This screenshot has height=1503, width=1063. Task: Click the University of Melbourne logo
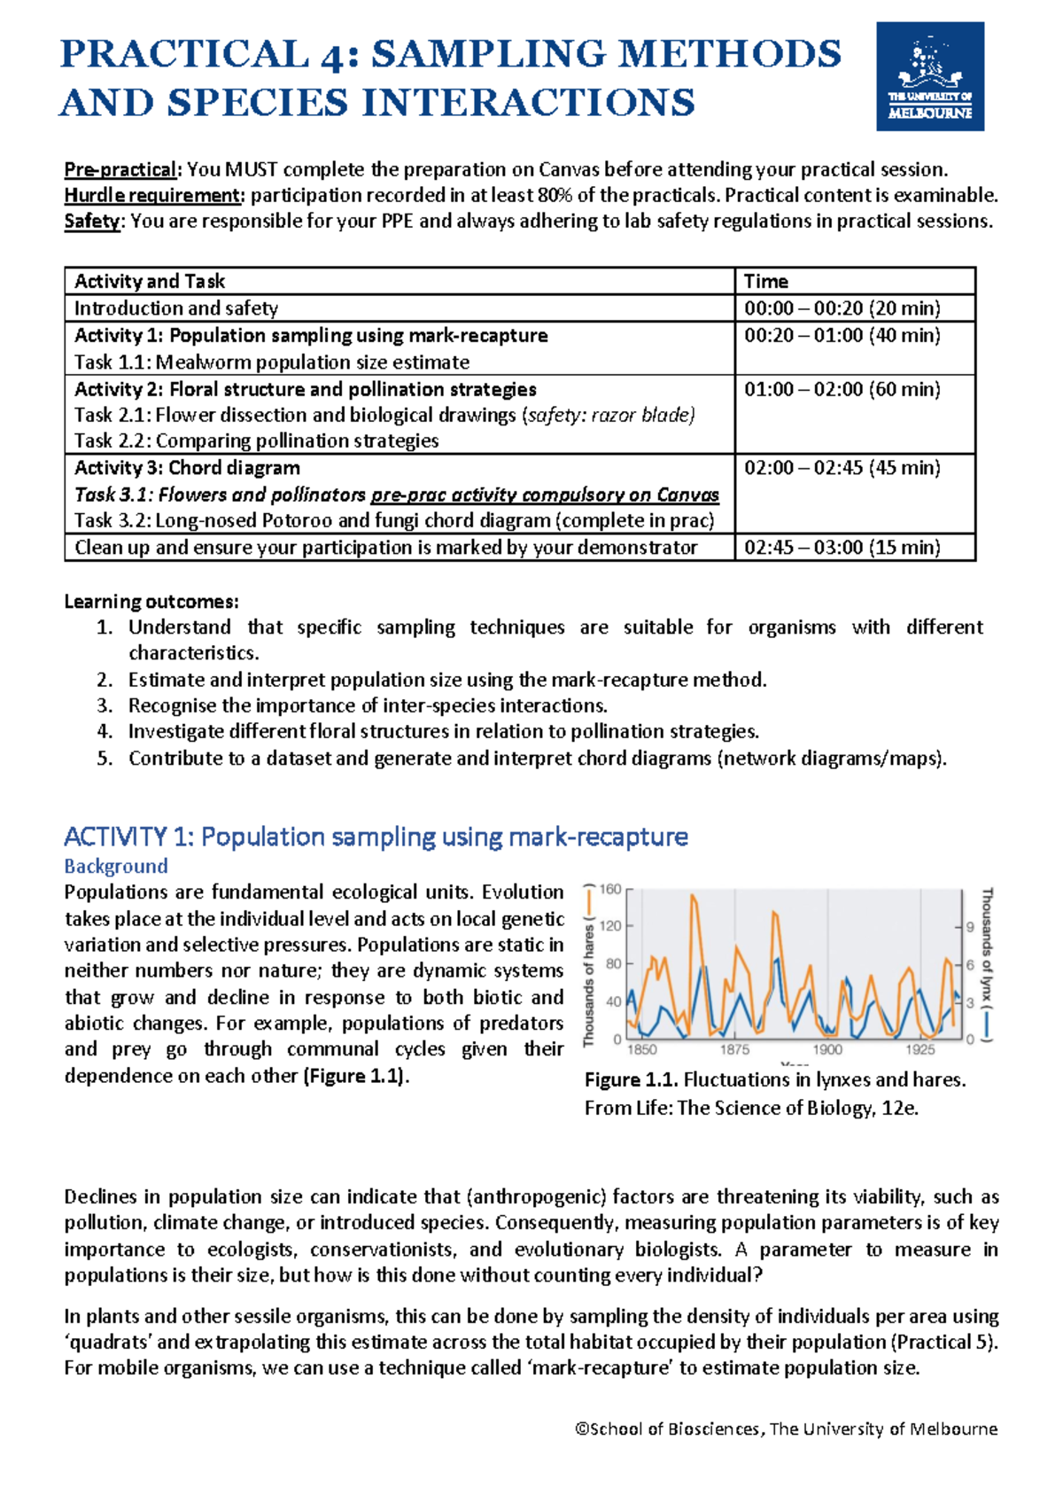click(x=929, y=76)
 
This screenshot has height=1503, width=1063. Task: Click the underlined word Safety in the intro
click(x=91, y=222)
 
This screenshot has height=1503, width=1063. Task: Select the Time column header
click(x=766, y=282)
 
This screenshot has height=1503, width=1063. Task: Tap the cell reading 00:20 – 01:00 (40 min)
click(x=842, y=336)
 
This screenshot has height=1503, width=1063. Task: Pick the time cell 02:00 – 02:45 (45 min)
click(x=842, y=468)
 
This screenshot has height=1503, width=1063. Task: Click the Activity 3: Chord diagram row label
click(x=187, y=468)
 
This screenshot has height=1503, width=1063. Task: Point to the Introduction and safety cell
click(x=176, y=308)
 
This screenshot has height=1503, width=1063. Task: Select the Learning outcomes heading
click(x=151, y=602)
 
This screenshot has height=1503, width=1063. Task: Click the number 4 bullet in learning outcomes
click(x=105, y=732)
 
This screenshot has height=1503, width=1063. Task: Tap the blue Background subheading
click(x=116, y=866)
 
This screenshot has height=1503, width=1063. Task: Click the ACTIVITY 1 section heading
click(x=376, y=837)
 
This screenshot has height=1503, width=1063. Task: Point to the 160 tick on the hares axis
click(x=611, y=889)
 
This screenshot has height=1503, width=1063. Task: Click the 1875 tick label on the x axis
click(x=734, y=1049)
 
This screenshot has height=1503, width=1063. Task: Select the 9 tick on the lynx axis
click(x=970, y=927)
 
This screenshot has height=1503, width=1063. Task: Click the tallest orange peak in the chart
click(x=693, y=897)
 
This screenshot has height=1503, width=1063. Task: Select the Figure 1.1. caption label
click(x=631, y=1080)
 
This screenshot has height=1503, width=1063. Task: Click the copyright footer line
click(x=786, y=1429)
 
